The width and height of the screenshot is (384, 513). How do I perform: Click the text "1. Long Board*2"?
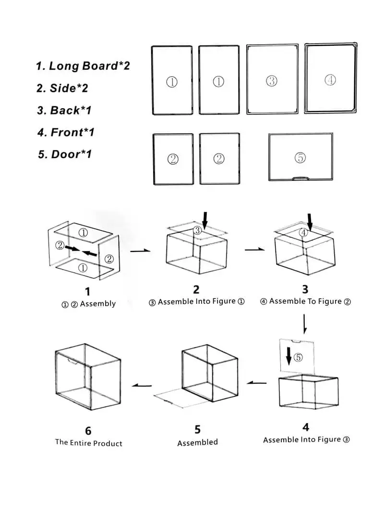tap(83, 66)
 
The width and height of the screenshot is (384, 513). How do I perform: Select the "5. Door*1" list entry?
tap(64, 154)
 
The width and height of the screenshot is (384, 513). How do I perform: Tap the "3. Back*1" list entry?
tap(64, 110)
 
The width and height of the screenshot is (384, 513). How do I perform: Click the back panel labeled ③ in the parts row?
tap(272, 80)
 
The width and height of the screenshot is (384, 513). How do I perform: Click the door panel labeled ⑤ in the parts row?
tap(300, 157)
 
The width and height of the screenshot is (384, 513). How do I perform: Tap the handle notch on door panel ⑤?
tap(300, 178)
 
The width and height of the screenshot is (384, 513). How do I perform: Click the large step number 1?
tap(87, 291)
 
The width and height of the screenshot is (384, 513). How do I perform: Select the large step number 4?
tap(306, 427)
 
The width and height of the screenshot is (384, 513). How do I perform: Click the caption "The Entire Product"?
tap(89, 443)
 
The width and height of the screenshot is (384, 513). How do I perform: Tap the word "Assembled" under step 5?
tap(197, 442)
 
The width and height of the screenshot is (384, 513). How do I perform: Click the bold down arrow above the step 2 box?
tap(205, 220)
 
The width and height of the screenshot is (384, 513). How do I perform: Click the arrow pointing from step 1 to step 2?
tap(140, 250)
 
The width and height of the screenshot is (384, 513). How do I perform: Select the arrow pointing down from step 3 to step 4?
tap(304, 325)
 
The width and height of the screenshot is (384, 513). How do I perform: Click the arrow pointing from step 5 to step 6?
tap(142, 385)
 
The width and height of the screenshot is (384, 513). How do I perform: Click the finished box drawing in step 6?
tap(88, 378)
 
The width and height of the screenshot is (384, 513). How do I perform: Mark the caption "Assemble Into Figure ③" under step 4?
tap(306, 439)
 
